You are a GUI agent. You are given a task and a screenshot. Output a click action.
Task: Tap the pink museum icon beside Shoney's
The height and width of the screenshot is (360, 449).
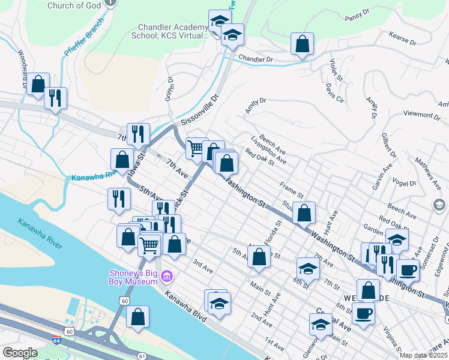[x=167, y=277]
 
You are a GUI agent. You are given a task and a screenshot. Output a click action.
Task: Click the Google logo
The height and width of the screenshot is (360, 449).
[x=20, y=353]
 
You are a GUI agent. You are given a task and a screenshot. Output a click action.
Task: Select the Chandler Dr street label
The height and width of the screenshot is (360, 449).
[x=256, y=59]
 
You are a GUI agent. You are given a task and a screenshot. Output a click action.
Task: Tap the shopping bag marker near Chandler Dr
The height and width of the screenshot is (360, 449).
[x=302, y=44]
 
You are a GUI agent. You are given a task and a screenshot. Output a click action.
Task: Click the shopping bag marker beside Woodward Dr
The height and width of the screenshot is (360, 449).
[x=38, y=85]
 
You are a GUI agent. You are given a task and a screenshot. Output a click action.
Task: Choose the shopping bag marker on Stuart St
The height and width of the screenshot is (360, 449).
[x=305, y=212]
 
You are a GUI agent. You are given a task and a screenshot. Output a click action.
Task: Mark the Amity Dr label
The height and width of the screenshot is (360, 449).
[x=255, y=106]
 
